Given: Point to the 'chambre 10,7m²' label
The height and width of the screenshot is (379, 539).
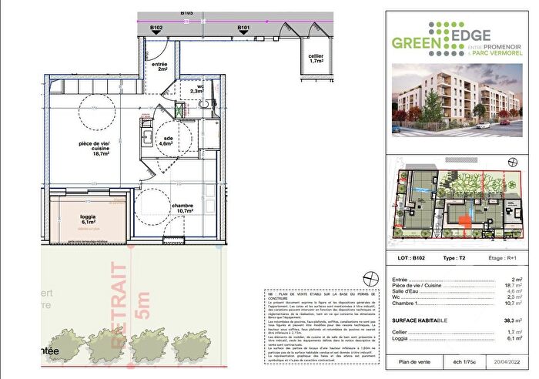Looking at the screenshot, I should coord(182,209).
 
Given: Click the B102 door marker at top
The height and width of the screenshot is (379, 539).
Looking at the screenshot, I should coord(156,28).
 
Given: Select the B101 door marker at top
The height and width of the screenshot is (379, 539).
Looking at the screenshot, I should coord(244,28).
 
